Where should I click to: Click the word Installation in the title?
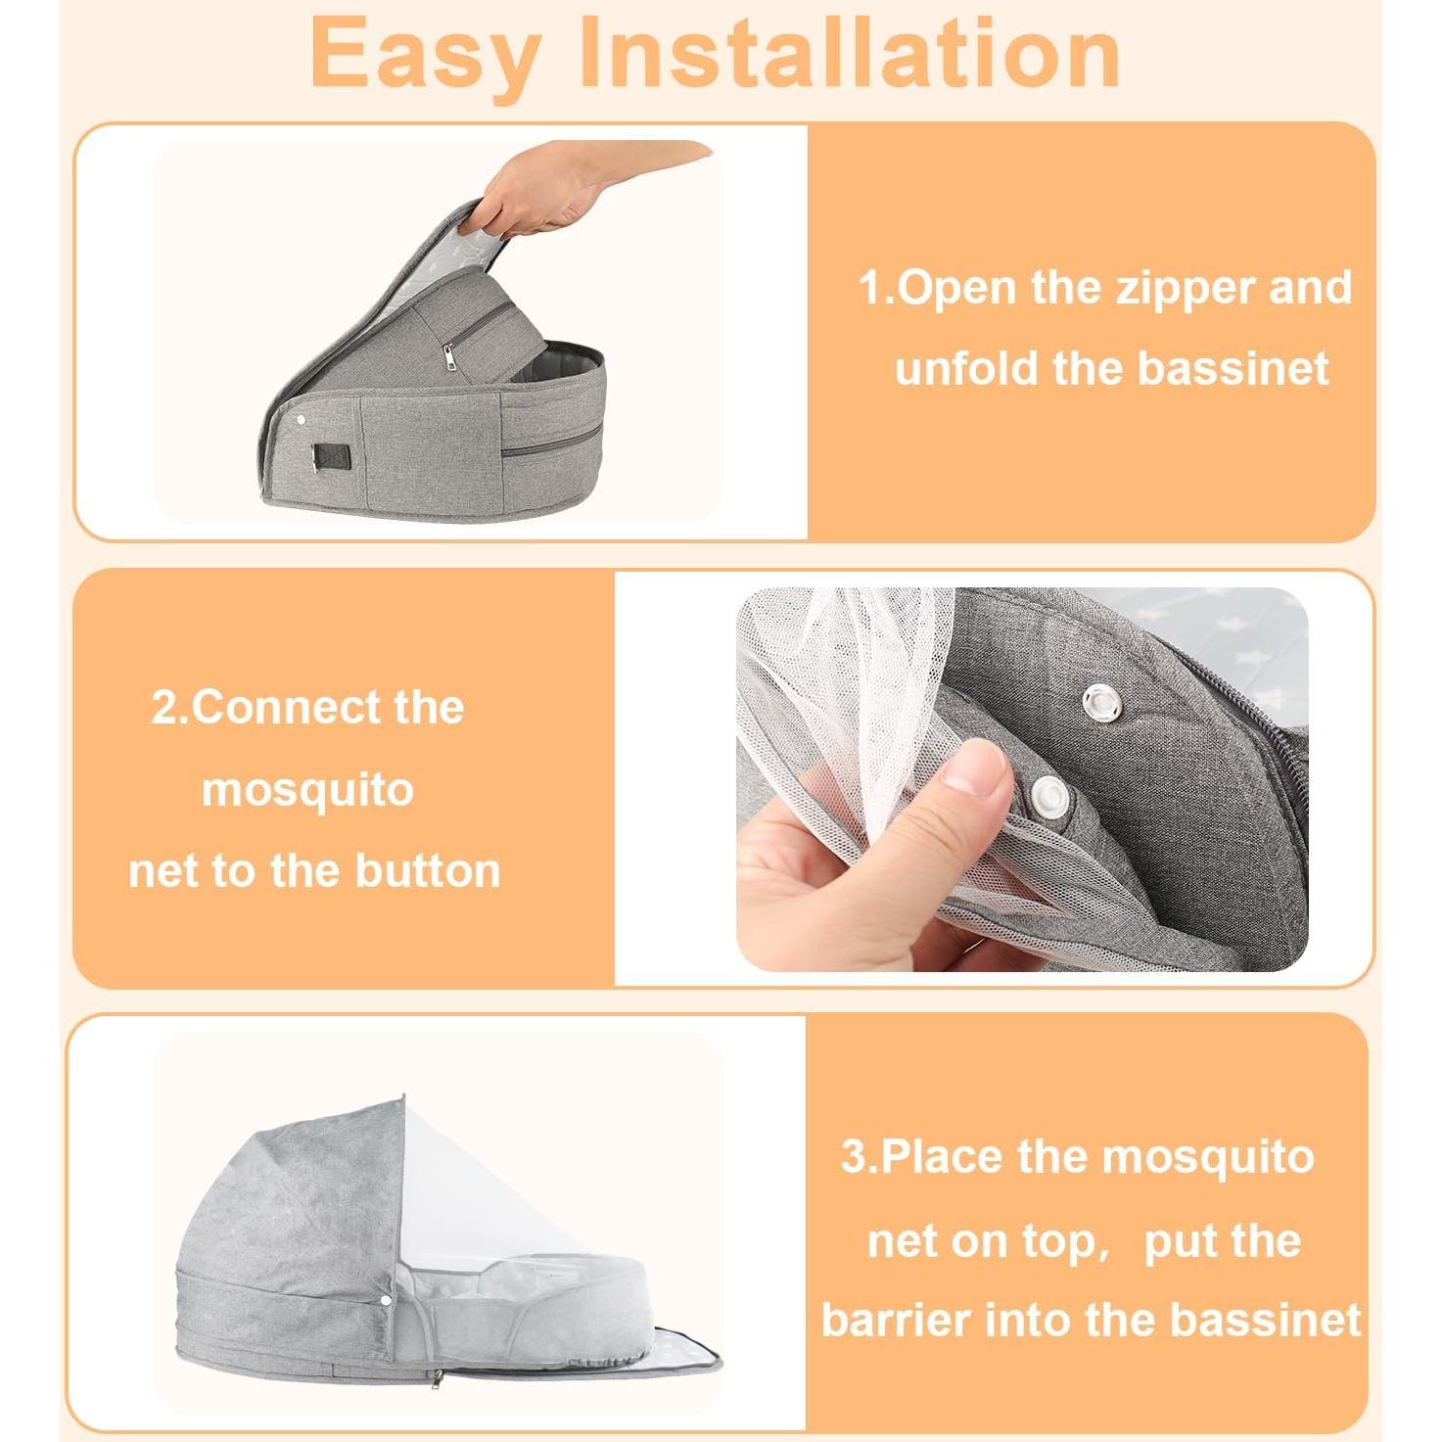[x=850, y=55]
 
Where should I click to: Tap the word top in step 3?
[x=1064, y=1242]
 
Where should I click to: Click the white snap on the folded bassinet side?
[x=300, y=420]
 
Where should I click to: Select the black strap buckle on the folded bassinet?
[x=331, y=457]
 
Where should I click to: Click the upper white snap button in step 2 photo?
[x=1101, y=701]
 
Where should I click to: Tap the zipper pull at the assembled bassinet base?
[x=438, y=1379]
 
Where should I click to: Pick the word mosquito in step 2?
[x=307, y=789]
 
